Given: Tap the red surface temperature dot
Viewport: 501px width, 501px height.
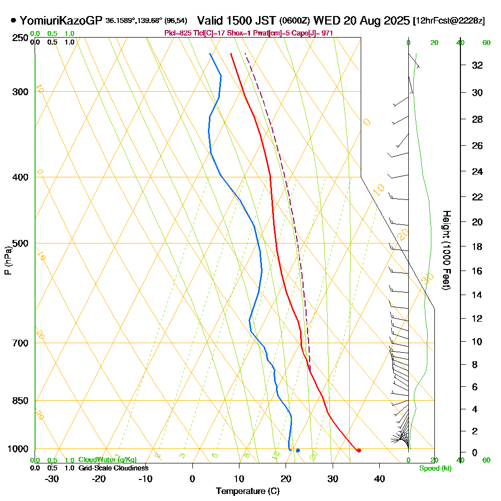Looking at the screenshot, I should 359,450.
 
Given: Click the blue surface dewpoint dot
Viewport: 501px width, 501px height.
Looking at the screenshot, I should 298,450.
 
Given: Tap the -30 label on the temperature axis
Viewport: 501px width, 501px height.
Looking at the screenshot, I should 52,478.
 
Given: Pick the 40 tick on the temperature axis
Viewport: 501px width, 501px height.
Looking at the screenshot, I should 379,478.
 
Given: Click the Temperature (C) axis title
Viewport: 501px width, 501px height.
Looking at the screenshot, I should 247,491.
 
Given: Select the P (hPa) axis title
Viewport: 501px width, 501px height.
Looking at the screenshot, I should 8,261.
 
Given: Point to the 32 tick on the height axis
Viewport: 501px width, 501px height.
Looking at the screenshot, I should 477,65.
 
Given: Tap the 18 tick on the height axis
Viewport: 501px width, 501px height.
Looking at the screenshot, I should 477,246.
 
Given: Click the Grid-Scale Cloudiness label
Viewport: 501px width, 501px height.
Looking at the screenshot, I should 113,468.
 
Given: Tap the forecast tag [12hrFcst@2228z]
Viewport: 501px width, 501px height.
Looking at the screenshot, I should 449,21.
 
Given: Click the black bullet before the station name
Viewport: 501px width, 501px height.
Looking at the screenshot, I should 13,21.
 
